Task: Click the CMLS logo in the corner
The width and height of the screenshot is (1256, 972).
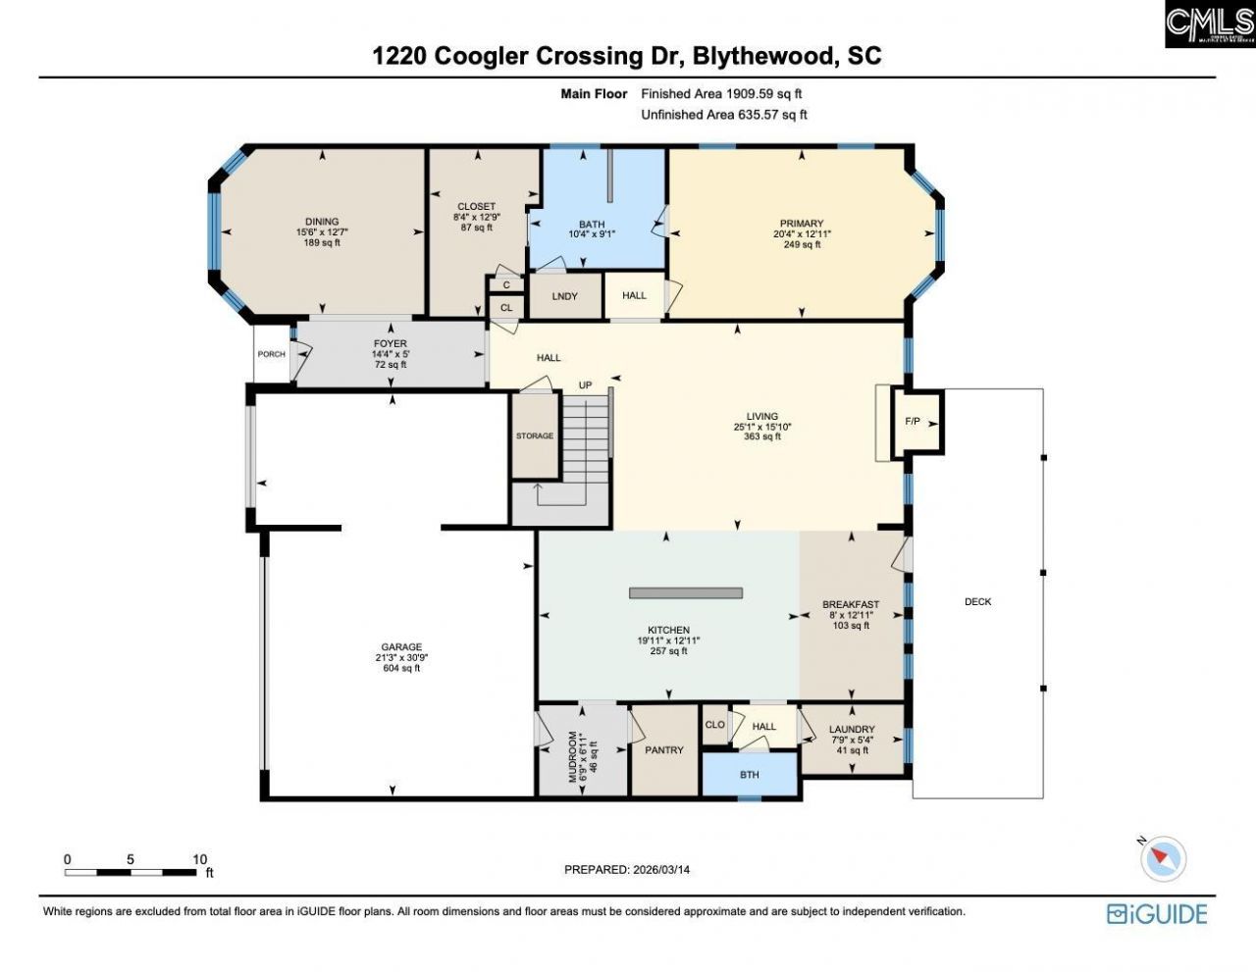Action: coord(1209,25)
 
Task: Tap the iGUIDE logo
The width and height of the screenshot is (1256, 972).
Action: coord(1157,914)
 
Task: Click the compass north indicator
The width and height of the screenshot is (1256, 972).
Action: coord(1162,857)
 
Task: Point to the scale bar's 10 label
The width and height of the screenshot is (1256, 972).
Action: coord(200,859)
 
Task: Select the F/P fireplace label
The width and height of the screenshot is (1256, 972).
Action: coord(913,422)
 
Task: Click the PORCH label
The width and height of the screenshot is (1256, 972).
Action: coord(271,354)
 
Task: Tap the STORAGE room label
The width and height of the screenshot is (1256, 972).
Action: coord(535,435)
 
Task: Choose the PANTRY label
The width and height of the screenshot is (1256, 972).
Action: coord(664,750)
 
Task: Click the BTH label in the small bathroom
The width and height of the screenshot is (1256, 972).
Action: coord(750,775)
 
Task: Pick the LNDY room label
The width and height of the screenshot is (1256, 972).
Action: coord(564,296)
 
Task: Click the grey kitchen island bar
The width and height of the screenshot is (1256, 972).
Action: coord(685,592)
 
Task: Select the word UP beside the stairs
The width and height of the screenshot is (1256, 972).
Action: coord(585,385)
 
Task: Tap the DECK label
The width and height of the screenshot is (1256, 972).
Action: coord(977,601)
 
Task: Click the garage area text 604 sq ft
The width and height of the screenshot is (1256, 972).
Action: coord(401,668)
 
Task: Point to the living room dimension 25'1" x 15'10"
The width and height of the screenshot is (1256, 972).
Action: coord(761,427)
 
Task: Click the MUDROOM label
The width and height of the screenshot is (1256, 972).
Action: coord(574,757)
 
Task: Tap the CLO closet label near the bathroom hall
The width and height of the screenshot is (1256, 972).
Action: coord(715,725)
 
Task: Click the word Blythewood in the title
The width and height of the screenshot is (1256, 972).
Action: coord(760,56)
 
